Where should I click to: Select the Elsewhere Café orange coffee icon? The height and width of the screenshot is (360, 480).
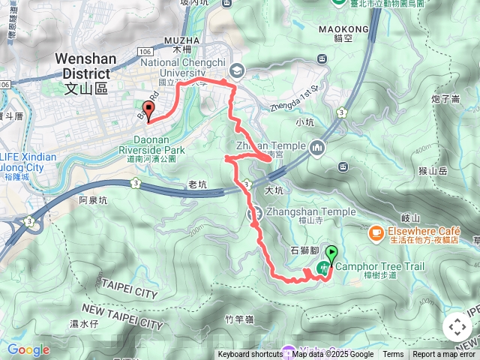pyautogui.click(x=375, y=233)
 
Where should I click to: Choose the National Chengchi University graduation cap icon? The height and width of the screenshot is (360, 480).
pyautogui.click(x=237, y=70)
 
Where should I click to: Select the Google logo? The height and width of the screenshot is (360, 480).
pyautogui.click(x=28, y=349)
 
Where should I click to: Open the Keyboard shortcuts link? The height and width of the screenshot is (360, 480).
pyautogui.click(x=250, y=355)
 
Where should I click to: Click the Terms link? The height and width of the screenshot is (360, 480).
pyautogui.click(x=393, y=355)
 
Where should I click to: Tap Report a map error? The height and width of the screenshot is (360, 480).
pyautogui.click(x=444, y=355)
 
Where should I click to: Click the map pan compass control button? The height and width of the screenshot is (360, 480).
pyautogui.click(x=457, y=327)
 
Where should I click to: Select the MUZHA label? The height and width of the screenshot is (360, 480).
pyautogui.click(x=181, y=39)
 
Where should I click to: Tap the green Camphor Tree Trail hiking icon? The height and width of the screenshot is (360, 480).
pyautogui.click(x=325, y=266)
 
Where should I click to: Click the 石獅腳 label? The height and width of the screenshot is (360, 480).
pyautogui.click(x=303, y=250)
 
